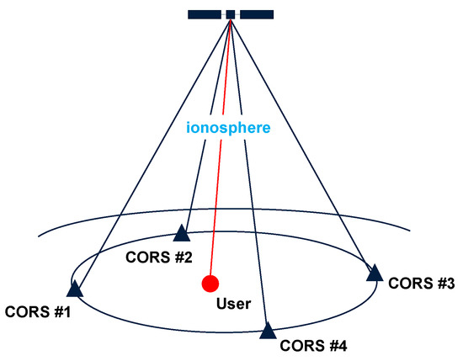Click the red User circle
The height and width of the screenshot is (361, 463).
coord(210,283)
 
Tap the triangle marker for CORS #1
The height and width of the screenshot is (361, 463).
coord(74,289)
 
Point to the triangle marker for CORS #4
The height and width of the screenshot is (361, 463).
coord(268,331)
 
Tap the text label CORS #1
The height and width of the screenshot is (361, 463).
coord(38,313)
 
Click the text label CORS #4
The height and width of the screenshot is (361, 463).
coord(312,345)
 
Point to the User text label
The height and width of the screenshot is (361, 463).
coord(233,303)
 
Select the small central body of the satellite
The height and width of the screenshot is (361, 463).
coord(231,13)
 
